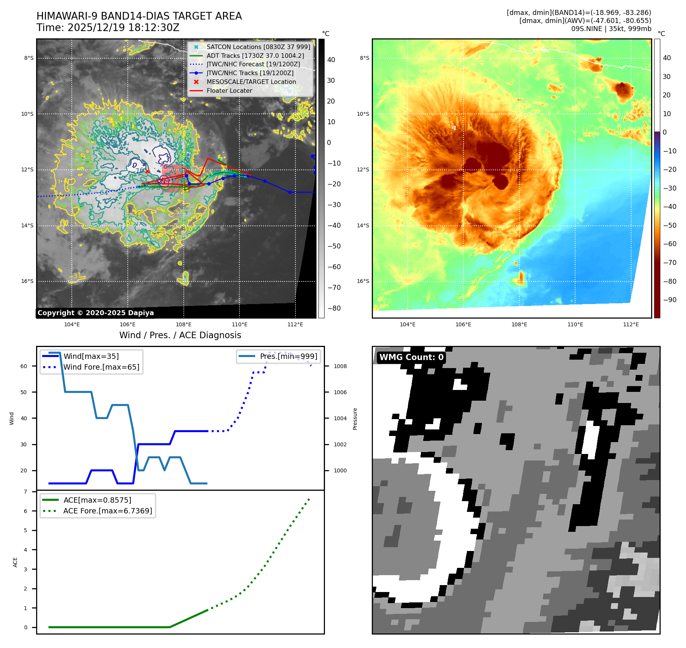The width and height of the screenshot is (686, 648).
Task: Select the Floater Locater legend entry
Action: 229,90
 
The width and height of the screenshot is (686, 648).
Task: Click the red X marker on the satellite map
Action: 147,171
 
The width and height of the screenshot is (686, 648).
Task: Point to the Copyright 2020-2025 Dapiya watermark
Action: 96,313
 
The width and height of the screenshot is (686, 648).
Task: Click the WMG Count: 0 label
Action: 411,357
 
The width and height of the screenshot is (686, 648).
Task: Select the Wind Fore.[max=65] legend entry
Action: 101,367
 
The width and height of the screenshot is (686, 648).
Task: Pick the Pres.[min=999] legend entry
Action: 288,356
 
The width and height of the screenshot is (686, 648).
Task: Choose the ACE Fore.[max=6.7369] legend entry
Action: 107,511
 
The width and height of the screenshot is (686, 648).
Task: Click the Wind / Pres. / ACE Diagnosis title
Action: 180,335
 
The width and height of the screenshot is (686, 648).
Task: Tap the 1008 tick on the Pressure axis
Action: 340,366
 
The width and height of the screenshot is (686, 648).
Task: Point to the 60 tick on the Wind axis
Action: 24,366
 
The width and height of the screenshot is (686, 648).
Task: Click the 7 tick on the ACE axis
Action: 26,492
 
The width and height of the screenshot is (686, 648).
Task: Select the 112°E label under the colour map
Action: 631,324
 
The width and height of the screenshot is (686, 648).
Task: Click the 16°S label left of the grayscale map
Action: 27,281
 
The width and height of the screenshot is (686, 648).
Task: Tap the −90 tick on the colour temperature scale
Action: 670,300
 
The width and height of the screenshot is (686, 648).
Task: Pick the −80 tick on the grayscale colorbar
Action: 334,308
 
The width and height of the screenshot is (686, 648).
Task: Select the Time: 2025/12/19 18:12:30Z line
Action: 108,28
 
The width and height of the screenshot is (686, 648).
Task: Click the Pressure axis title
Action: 355,419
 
